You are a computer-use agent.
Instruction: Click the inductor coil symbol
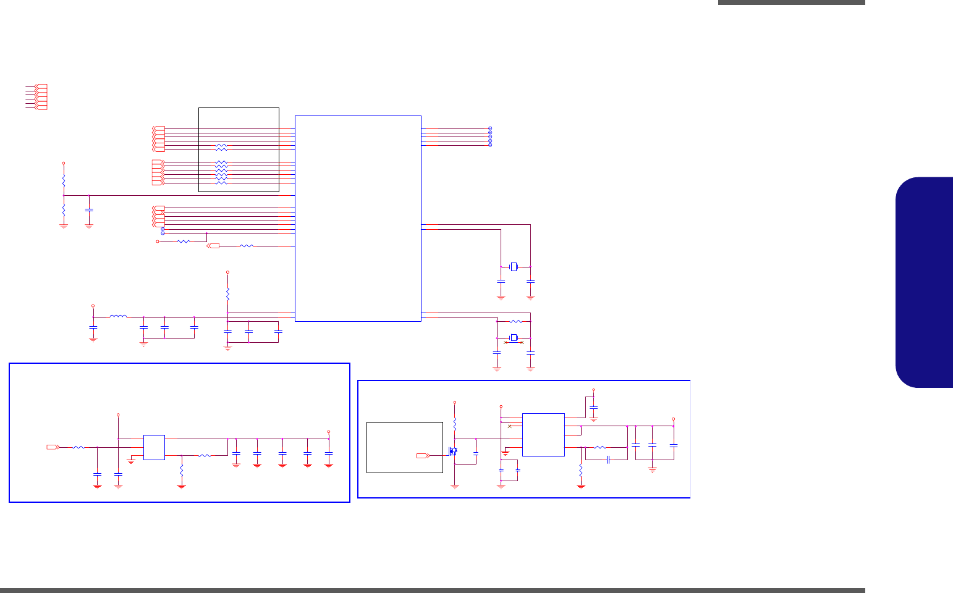(x=118, y=317)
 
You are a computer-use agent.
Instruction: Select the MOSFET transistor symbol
(x=453, y=451)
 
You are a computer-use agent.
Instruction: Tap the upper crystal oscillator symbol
(x=513, y=267)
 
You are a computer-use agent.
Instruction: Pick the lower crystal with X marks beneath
(x=513, y=337)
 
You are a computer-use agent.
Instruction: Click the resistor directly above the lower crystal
(x=515, y=322)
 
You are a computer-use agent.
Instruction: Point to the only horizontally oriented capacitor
(x=608, y=460)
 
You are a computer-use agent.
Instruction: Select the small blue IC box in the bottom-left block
(x=154, y=447)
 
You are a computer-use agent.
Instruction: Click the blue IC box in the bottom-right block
(x=543, y=435)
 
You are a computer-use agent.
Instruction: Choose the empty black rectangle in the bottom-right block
(x=404, y=447)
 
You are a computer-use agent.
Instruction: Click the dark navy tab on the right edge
(x=924, y=282)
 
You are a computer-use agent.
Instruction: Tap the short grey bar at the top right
(x=791, y=2)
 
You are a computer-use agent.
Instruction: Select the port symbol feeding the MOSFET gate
(x=423, y=456)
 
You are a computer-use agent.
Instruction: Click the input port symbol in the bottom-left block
(x=53, y=447)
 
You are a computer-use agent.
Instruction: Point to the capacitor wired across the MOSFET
(x=476, y=454)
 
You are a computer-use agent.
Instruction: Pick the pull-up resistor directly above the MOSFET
(x=455, y=424)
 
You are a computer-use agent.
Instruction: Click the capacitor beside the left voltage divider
(x=89, y=210)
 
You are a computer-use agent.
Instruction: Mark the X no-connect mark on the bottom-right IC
(x=509, y=426)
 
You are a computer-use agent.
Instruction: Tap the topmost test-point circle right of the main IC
(x=490, y=128)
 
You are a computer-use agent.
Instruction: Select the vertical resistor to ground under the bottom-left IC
(x=182, y=471)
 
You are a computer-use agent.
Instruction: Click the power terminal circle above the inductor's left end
(x=93, y=306)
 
